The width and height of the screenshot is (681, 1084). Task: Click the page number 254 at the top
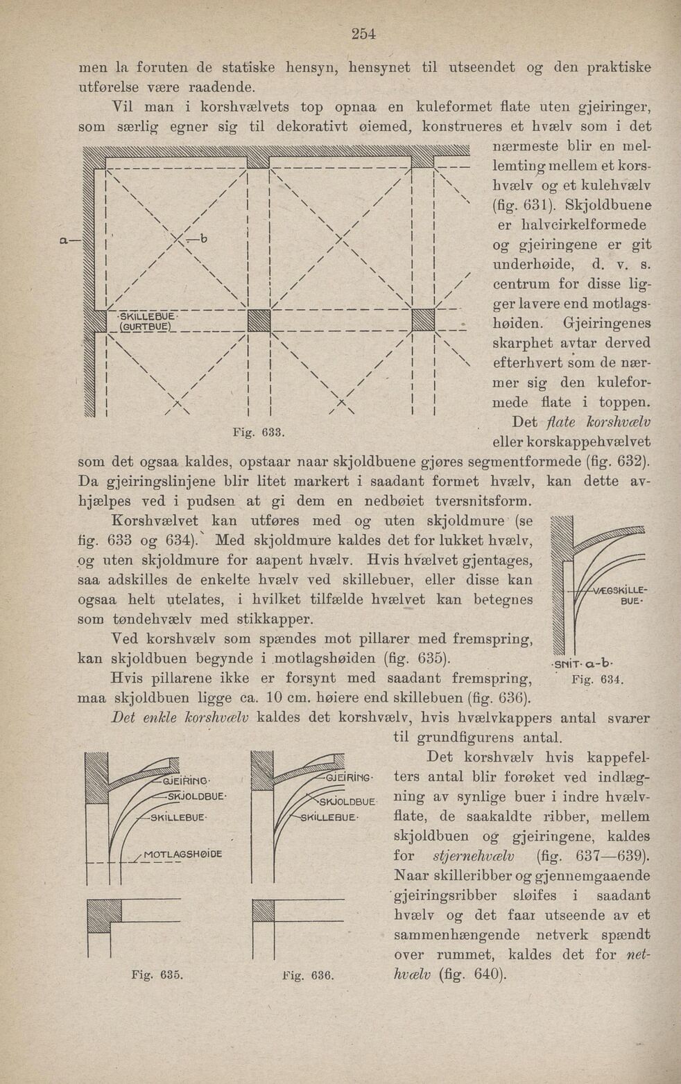click(x=363, y=34)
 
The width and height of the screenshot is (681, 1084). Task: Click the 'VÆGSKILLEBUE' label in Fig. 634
click(x=619, y=595)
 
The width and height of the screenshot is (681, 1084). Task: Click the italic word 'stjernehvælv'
click(x=478, y=855)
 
